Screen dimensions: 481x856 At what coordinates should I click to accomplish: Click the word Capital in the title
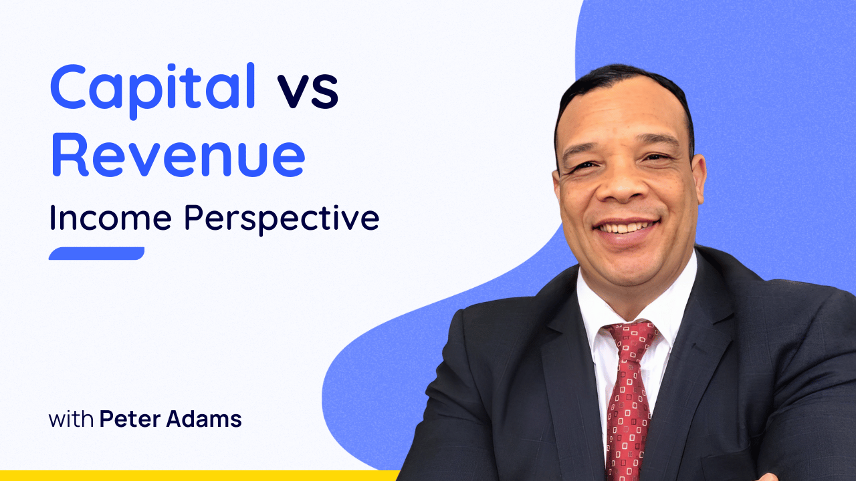tap(153, 88)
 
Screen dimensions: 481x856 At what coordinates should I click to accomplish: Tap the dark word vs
tap(308, 92)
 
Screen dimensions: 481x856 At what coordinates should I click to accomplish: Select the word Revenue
tap(178, 154)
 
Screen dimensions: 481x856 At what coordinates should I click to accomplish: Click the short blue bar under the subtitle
tap(96, 253)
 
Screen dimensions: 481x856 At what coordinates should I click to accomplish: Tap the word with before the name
tap(71, 420)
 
